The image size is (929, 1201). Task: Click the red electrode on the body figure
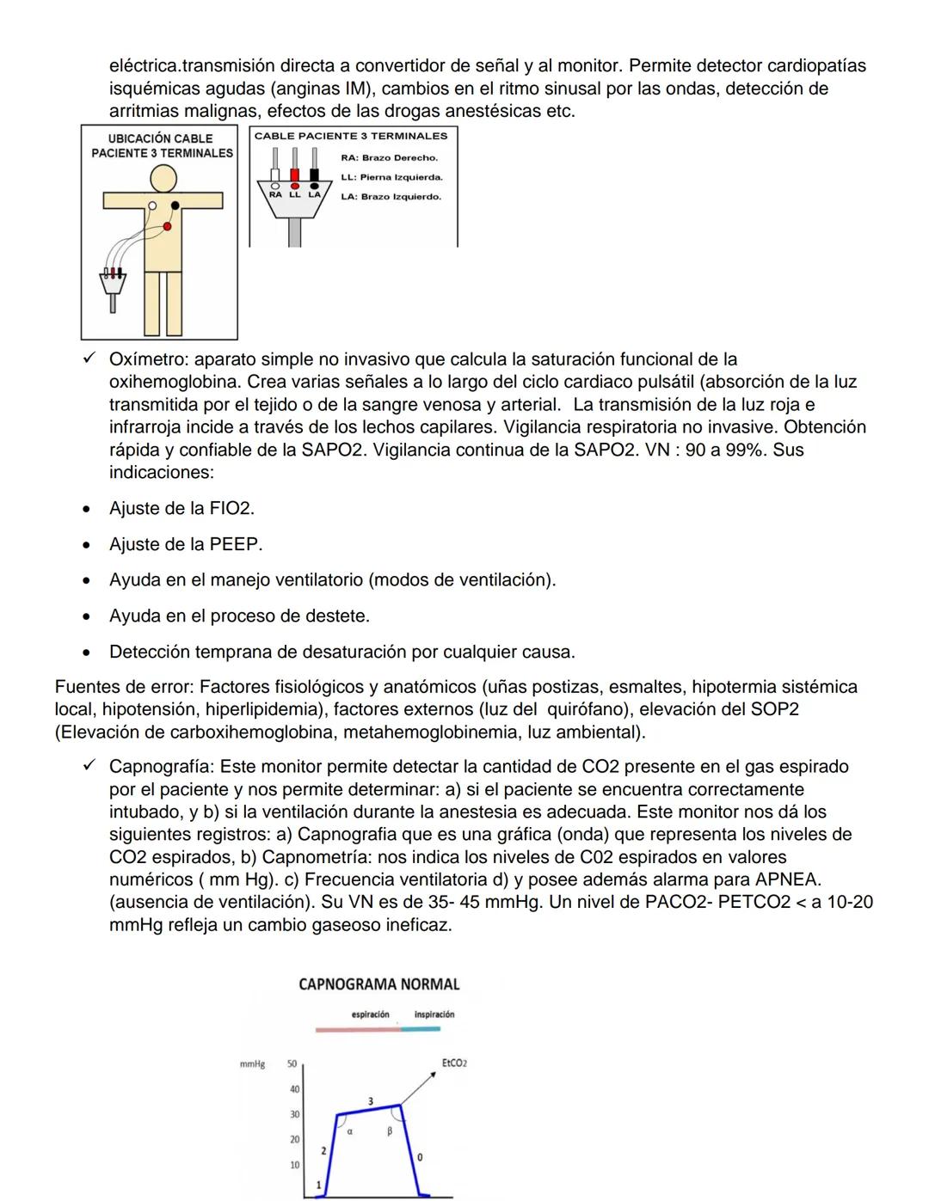[x=167, y=225]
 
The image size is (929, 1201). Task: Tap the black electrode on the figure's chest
[x=175, y=205]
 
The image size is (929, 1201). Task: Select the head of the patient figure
[x=163, y=178]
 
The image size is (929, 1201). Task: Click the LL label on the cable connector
[x=294, y=195]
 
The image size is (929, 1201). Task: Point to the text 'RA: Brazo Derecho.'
[x=390, y=158]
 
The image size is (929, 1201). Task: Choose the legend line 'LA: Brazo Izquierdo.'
[x=391, y=197]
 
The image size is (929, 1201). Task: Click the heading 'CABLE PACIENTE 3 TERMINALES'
[x=351, y=136]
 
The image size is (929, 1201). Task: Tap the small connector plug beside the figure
[x=112, y=282]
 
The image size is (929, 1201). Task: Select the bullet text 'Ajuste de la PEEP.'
[x=186, y=544]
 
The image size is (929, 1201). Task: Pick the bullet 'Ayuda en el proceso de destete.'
[x=239, y=616]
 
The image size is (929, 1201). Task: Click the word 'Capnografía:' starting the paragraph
[x=162, y=767]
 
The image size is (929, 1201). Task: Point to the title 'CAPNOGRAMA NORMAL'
[x=378, y=984]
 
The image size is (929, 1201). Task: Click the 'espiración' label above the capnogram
[x=370, y=1014]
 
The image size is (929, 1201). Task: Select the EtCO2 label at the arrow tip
[x=454, y=1063]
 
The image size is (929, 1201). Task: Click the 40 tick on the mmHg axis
[x=294, y=1089]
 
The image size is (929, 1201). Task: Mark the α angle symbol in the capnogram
[x=350, y=1132]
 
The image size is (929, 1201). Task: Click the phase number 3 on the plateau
[x=371, y=1101]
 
